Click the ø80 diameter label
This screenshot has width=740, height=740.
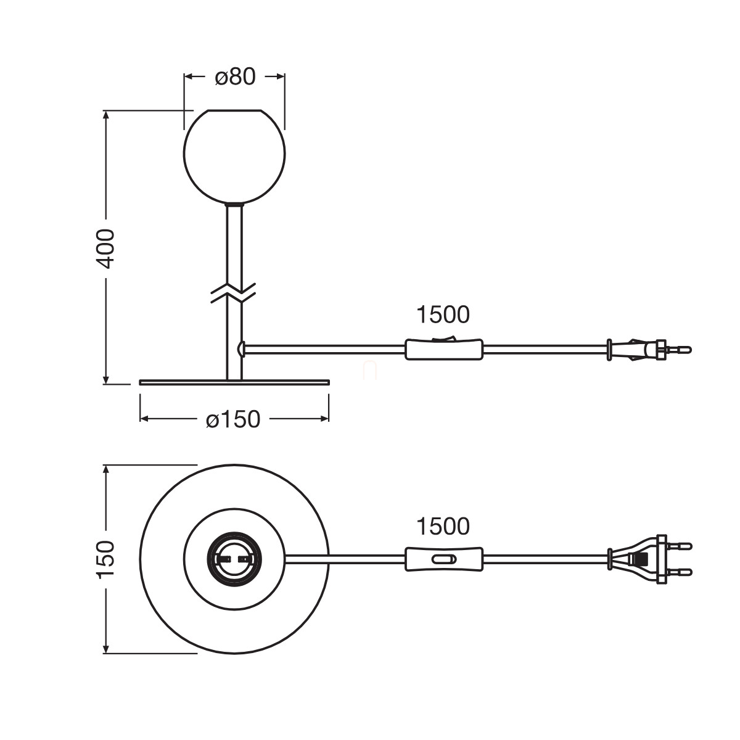(234, 76)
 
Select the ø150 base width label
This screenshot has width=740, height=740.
(233, 419)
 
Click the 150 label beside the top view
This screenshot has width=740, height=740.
(106, 559)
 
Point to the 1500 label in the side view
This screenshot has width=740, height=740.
(443, 315)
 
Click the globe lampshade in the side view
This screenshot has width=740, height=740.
(234, 156)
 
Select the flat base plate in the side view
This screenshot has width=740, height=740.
(234, 382)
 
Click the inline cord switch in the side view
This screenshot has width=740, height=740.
(444, 350)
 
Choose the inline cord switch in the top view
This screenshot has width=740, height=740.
(444, 559)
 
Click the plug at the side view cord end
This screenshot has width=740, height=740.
(647, 350)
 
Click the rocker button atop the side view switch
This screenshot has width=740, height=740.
(444, 337)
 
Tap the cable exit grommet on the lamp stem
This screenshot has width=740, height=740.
(241, 349)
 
